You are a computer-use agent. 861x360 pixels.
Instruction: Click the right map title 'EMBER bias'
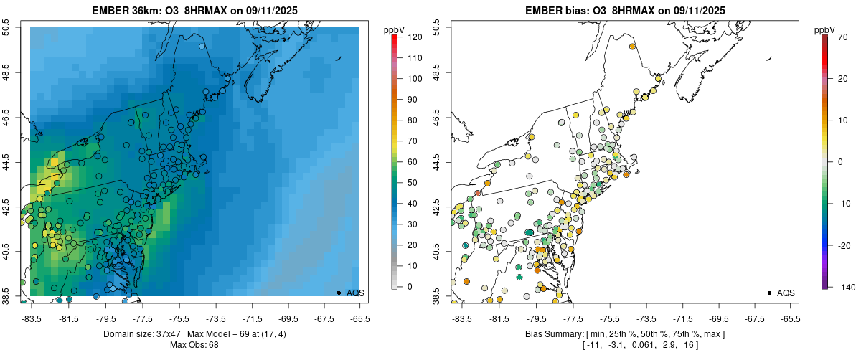(550, 11)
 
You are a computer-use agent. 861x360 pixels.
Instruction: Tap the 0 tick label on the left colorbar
(409, 286)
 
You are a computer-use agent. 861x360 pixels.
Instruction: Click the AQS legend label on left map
(356, 293)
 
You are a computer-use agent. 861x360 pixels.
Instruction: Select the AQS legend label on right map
(786, 293)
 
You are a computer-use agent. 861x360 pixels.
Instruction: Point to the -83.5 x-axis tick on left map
(31, 319)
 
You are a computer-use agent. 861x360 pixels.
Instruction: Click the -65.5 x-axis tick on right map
(790, 319)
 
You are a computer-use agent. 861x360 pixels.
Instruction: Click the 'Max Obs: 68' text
(195, 345)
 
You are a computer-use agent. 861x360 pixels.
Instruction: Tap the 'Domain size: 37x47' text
(130, 334)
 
